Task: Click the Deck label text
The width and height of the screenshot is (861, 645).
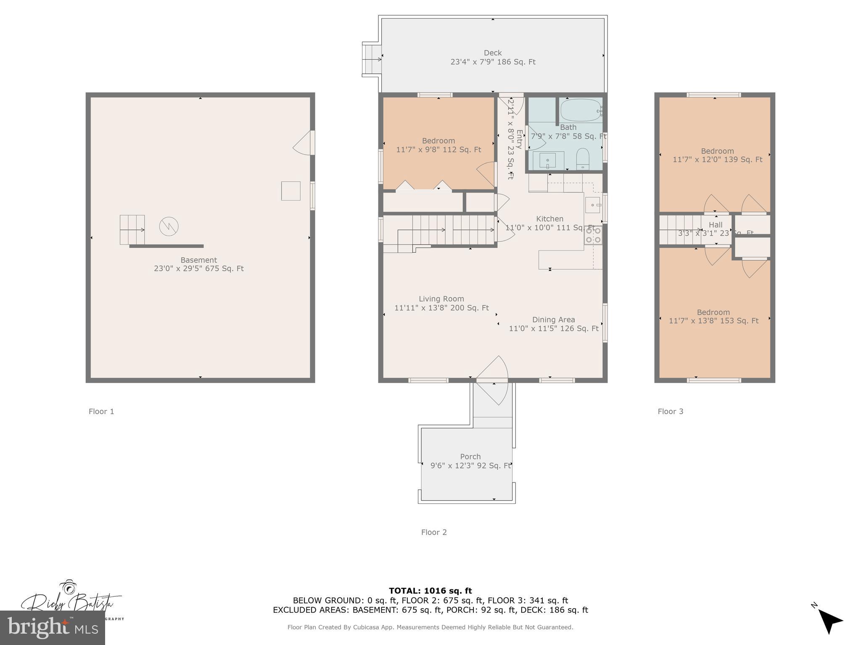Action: pos(493,53)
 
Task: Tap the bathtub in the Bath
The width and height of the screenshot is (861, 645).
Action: pos(581,110)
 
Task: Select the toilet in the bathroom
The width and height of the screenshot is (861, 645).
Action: pos(583,158)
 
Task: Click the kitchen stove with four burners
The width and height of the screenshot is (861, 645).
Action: pos(593,235)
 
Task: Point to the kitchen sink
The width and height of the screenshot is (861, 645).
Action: pos(593,205)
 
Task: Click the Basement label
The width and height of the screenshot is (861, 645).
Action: pos(198,260)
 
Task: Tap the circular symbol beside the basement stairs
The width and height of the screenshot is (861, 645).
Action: pos(169,227)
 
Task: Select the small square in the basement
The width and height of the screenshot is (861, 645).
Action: pos(291,191)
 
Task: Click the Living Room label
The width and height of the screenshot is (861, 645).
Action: pos(441,299)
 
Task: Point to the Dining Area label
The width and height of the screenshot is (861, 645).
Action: pos(553,320)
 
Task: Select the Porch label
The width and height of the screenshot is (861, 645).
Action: pos(470,456)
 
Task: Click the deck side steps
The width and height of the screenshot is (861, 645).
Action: pos(371,59)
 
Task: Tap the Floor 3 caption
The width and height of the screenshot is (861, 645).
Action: pos(670,412)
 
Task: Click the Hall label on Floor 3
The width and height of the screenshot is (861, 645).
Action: pos(715,225)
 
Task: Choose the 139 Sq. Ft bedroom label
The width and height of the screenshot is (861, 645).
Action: pos(717,155)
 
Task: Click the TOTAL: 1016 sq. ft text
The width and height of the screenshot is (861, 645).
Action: pos(430,591)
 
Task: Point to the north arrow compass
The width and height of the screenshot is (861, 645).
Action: pos(828,620)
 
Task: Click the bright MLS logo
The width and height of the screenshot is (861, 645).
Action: pos(53,627)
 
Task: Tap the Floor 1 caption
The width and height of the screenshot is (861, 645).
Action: pos(101,412)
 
